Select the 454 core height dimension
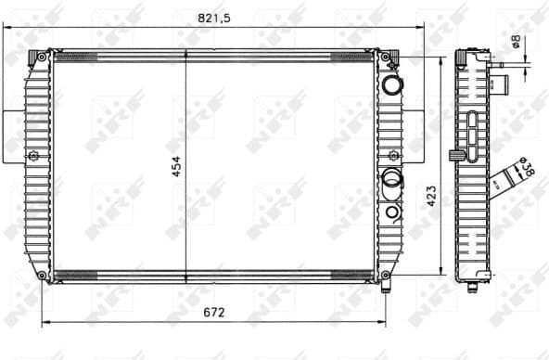pos(175,165)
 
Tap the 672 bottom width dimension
pos(214,312)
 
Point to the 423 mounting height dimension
pos(430,195)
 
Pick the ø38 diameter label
pos(526,168)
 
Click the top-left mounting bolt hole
pos(42,58)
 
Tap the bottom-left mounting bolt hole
pos(42,275)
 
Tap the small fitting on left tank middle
pos(33,155)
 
